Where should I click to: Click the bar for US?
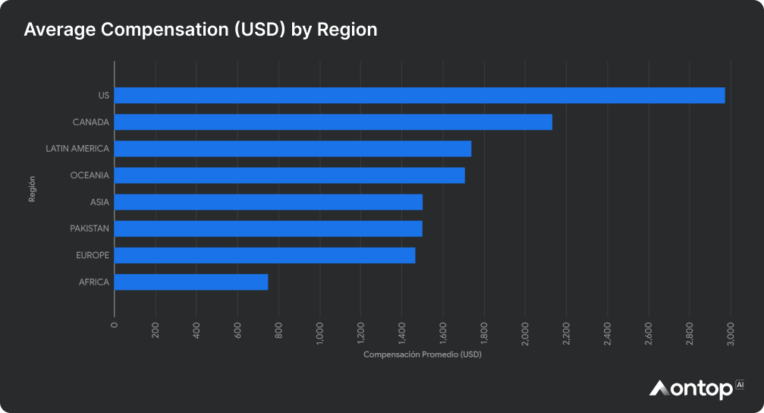point(419,96)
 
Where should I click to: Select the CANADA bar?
point(333,122)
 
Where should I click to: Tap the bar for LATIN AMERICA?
point(292,149)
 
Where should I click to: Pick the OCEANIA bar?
point(289,175)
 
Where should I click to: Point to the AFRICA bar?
point(191,282)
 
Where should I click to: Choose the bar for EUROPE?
point(265,255)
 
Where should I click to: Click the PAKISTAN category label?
point(90,229)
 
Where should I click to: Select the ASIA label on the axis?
point(99,202)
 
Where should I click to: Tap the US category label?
point(104,96)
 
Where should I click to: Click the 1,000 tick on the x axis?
point(319,333)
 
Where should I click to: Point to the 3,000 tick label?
point(730,333)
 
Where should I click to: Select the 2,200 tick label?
point(566,333)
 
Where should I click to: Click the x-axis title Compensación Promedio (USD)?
point(423,355)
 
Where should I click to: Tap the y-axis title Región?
point(32,188)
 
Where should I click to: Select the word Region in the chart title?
point(347,30)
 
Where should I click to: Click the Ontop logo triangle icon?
point(659,389)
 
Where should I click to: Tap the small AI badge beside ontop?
point(740,385)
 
